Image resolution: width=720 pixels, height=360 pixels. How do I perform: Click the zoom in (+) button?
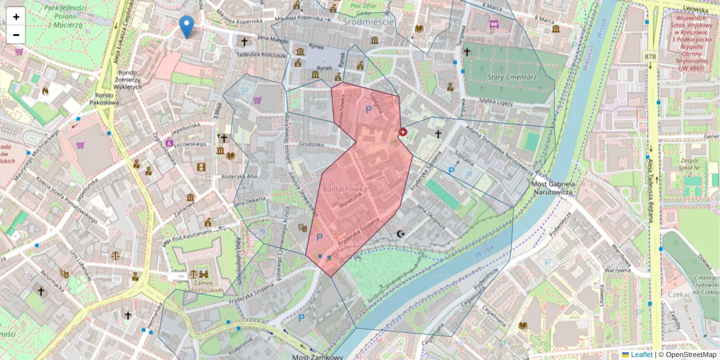click(16, 17)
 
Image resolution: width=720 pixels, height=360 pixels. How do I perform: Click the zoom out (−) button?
click(16, 35)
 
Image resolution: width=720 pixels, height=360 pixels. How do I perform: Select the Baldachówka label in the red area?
click(345, 189)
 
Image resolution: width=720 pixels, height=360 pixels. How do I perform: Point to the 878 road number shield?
click(650, 56)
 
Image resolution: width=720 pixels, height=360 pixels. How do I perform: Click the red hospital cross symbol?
click(403, 131)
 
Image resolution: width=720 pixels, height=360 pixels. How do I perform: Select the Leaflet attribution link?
click(641, 355)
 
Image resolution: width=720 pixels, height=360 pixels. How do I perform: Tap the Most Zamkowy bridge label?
click(317, 356)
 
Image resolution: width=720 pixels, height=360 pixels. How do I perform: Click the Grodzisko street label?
click(311, 145)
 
